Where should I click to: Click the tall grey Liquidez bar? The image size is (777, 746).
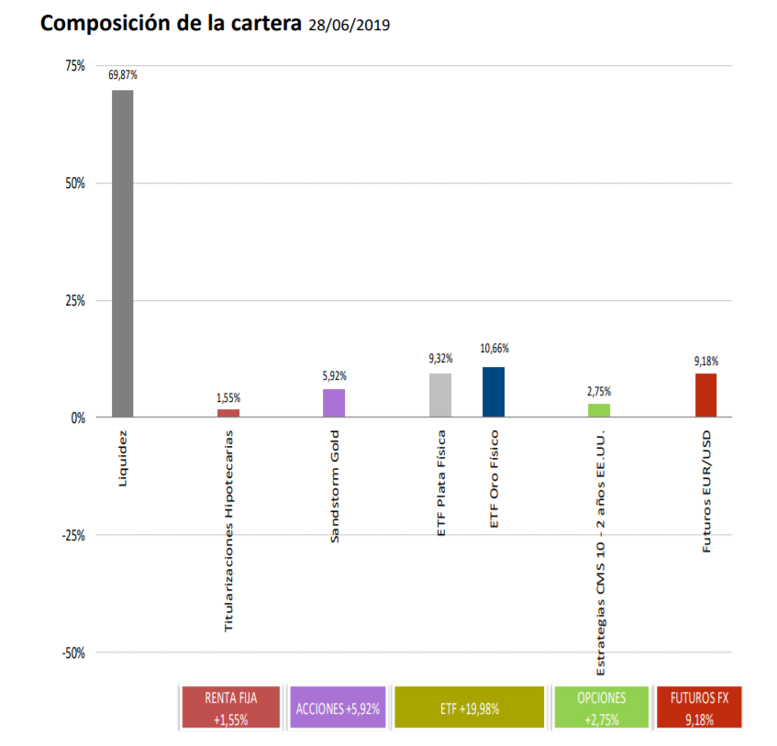point(122,253)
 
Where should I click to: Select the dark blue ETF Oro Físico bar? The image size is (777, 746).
point(494,392)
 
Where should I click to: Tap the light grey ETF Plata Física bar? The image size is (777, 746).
point(440,395)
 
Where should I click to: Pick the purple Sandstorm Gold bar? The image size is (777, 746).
point(334,403)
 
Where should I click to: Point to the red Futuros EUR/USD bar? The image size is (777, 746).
point(705,395)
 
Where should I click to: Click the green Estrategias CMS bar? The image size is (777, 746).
point(599,410)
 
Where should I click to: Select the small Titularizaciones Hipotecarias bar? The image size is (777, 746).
point(228,413)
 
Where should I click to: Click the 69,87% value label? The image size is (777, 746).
point(122,76)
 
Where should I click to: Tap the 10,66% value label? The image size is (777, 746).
point(494,349)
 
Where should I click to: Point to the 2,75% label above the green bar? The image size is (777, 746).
point(599,390)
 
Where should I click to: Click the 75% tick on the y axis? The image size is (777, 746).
point(74,66)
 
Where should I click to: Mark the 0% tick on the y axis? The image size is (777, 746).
point(77,418)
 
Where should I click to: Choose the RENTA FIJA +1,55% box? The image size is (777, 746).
point(230,708)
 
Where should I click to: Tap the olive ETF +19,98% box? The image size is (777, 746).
point(469,708)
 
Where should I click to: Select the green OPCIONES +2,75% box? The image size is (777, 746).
point(601,708)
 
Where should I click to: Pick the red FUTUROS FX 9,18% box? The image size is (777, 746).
point(699,708)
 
